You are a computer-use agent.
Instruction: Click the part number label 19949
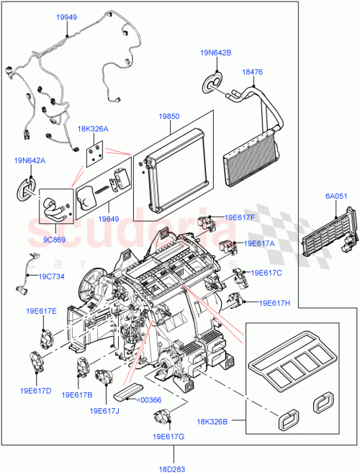click(67, 16)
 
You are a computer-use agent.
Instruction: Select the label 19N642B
click(215, 53)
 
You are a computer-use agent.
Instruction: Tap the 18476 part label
click(253, 72)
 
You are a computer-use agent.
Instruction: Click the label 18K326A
click(94, 129)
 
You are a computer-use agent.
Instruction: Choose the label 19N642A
click(29, 161)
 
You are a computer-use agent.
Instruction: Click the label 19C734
click(52, 275)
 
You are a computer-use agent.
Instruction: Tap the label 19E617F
click(238, 216)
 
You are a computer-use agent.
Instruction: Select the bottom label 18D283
click(173, 469)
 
